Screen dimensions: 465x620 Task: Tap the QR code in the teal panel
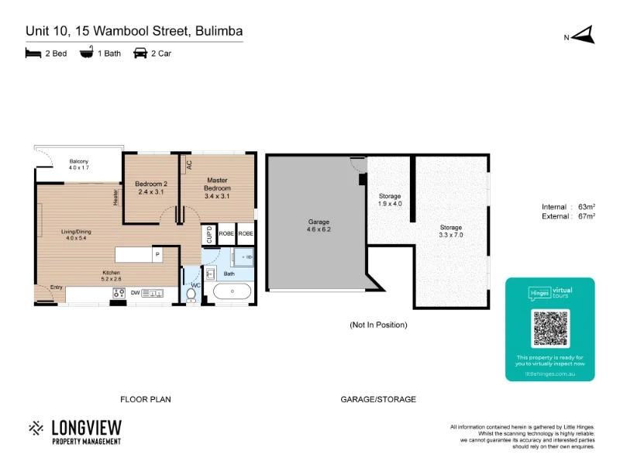(550, 329)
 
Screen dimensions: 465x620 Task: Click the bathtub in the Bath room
(232, 291)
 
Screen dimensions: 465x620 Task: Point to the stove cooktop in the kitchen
(119, 292)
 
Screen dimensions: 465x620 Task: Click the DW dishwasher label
(135, 292)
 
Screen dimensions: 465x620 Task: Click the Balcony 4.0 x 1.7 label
(79, 164)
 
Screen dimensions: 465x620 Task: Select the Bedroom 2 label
(152, 187)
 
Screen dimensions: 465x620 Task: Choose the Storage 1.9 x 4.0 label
(390, 200)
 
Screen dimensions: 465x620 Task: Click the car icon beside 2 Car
(140, 53)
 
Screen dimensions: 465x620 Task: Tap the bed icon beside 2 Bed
(33, 53)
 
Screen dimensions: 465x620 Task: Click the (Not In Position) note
(378, 325)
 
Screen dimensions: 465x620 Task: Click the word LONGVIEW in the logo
(85, 427)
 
